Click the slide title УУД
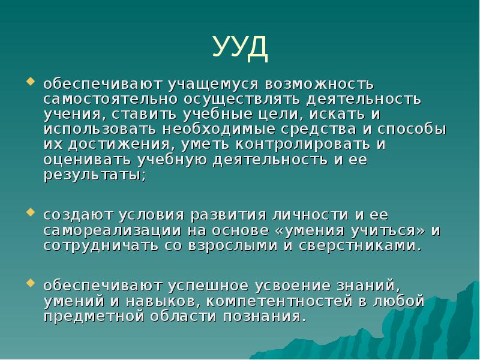pos(240,47)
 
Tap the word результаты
pos(94,176)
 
